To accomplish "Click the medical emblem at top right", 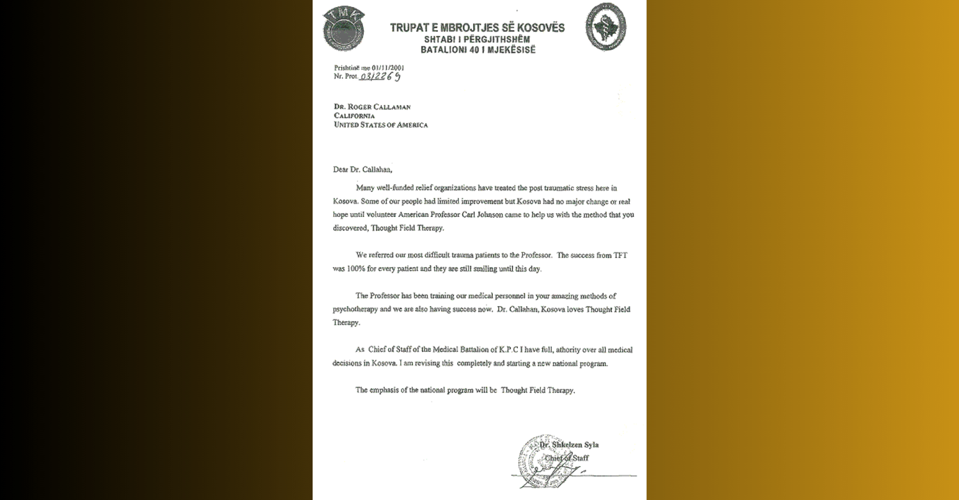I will pos(605,27).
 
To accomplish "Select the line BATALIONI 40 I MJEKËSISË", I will pos(478,49).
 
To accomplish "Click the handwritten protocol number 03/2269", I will pos(381,77).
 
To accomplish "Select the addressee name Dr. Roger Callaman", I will pos(372,107).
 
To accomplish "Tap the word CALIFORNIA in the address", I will pos(354,116).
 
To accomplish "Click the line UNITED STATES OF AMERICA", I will pos(380,125).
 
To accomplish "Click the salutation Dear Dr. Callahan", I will pos(362,170).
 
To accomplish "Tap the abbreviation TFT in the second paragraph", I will pos(620,255).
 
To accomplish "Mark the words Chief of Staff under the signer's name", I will pos(567,458).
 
